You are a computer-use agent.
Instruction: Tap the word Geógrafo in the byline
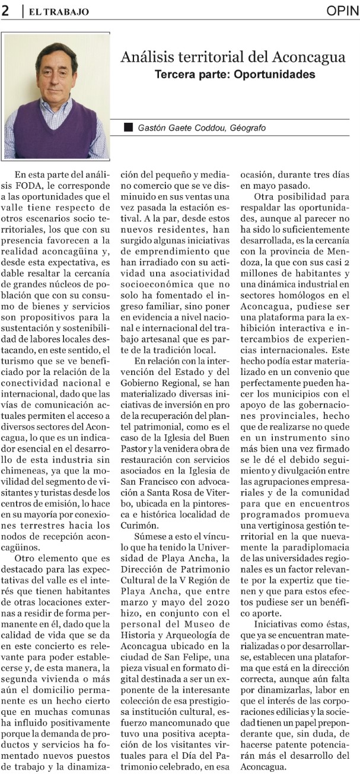(x=249, y=128)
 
